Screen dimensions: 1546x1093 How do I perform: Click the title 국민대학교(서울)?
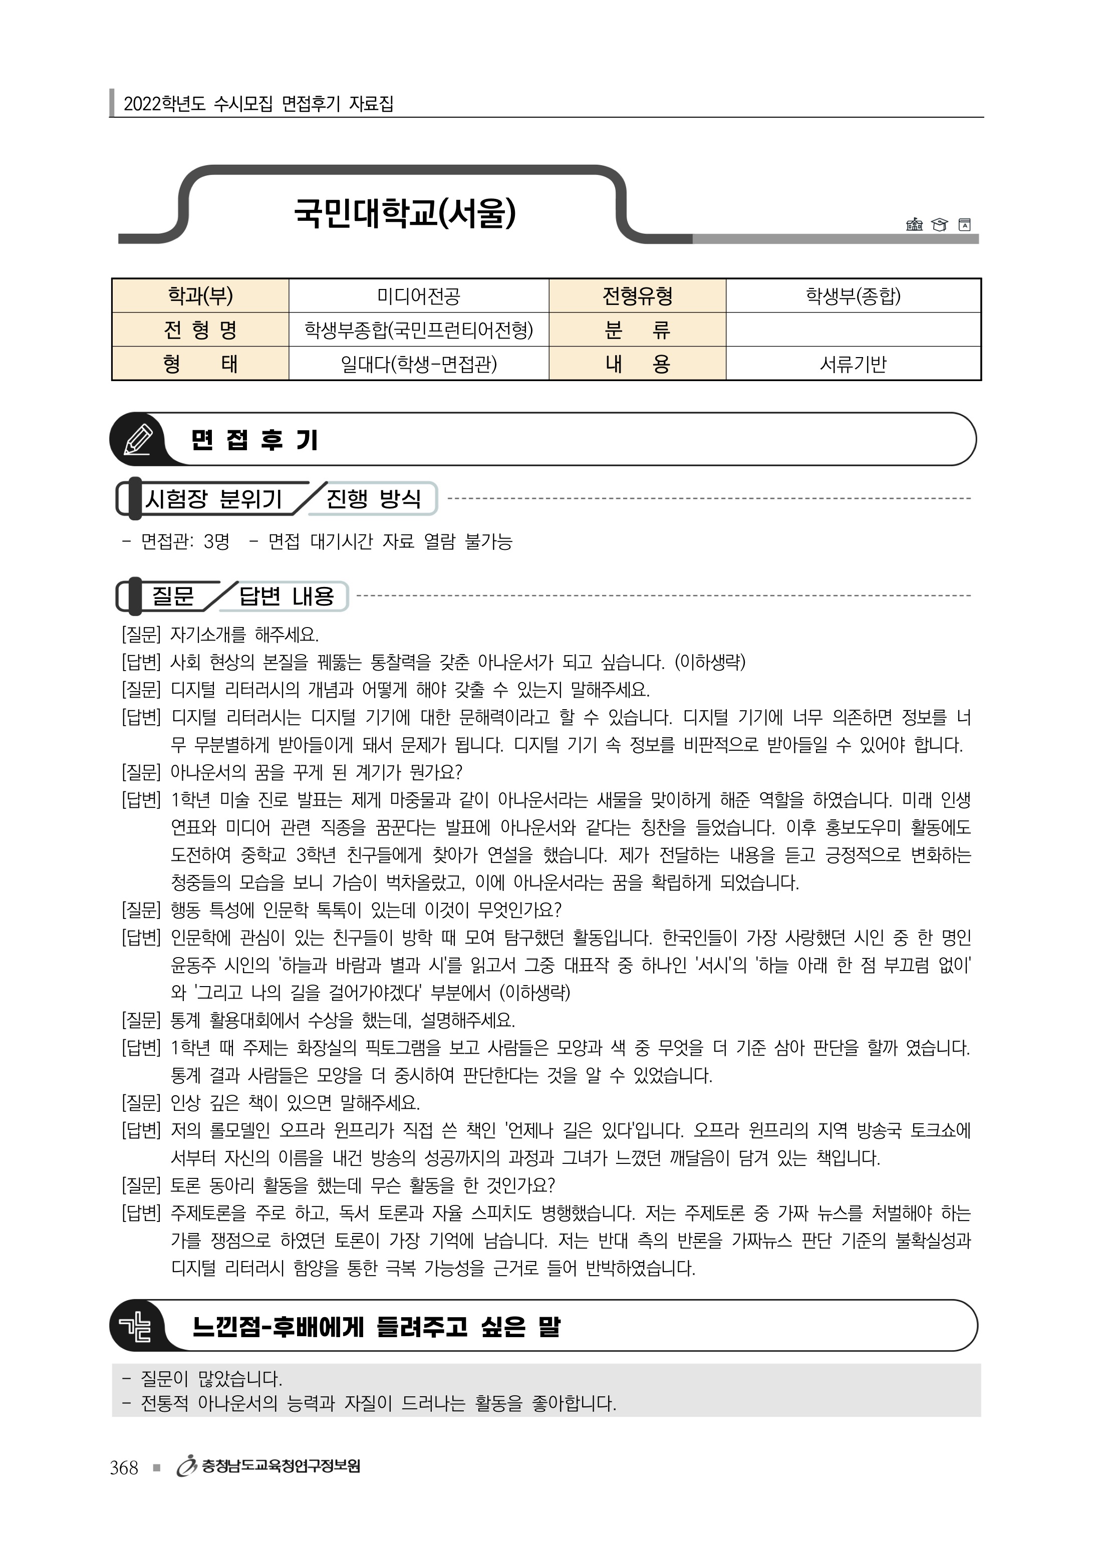[405, 213]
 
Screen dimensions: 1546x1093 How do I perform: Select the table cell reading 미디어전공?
[418, 295]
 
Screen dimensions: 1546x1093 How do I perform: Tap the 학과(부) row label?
[200, 295]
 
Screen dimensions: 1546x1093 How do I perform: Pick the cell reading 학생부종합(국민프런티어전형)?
[418, 330]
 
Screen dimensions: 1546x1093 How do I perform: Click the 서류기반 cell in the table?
[853, 364]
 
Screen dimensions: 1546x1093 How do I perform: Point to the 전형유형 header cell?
[637, 295]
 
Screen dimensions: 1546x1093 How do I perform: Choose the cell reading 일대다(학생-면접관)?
[418, 364]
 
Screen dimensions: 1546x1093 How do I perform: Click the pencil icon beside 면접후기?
[138, 440]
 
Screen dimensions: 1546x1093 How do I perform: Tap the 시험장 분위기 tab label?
[213, 499]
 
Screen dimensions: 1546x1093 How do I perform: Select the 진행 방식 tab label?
[373, 499]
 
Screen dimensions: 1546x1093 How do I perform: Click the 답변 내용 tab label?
[287, 596]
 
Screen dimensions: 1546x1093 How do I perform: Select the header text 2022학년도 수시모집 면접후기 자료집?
[258, 104]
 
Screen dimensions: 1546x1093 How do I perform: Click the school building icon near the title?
[914, 224]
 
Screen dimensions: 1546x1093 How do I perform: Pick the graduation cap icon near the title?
[939, 224]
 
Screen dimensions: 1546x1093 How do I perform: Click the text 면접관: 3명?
[185, 541]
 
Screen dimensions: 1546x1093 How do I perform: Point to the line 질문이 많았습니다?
[211, 1379]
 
